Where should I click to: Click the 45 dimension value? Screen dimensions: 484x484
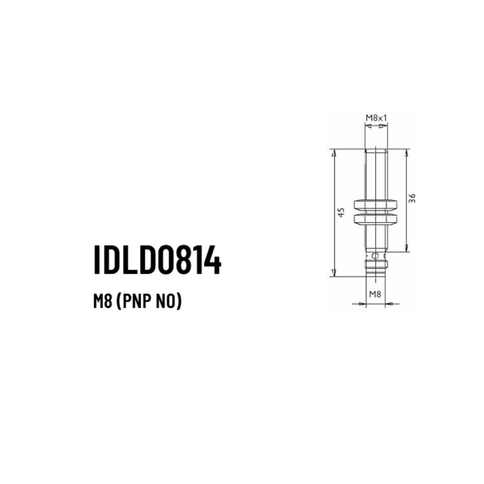pyautogui.click(x=340, y=213)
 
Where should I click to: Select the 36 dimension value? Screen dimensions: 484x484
pyautogui.click(x=412, y=199)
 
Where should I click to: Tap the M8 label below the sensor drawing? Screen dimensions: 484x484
pyautogui.click(x=375, y=294)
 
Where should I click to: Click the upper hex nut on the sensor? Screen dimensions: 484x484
pyautogui.click(x=375, y=205)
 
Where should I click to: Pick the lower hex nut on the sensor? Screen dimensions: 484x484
pyautogui.click(x=375, y=219)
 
